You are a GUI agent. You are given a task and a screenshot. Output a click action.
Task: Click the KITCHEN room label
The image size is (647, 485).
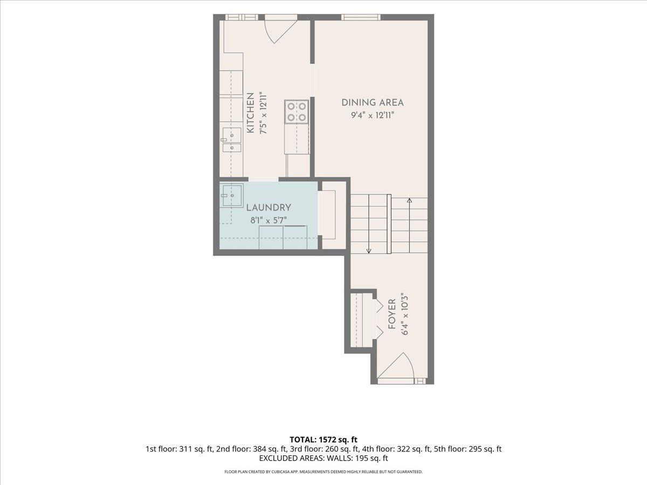tap(250, 113)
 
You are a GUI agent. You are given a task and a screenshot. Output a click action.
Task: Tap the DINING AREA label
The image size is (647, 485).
tap(373, 103)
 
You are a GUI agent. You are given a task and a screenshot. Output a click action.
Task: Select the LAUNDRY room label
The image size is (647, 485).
tap(269, 208)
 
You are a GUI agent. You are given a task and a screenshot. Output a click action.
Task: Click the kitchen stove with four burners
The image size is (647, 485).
tap(297, 112)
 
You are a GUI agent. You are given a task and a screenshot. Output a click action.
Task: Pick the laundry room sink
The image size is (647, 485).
tap(232, 195)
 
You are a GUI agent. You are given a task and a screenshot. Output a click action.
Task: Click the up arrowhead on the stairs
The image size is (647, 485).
tap(409, 200)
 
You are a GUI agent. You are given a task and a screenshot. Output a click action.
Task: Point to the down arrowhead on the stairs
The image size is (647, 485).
tap(369, 251)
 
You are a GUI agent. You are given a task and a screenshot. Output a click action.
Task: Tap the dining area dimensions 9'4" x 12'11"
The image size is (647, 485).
tap(373, 115)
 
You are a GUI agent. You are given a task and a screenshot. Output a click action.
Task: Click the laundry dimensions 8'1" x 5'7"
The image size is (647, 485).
tap(269, 220)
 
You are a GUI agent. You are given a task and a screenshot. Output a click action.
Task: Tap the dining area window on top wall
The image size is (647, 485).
tap(361, 17)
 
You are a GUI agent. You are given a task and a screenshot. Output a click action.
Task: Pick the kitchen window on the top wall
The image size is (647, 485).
tap(242, 17)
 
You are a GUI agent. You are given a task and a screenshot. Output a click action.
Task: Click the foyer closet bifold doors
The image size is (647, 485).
tap(378, 318)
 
